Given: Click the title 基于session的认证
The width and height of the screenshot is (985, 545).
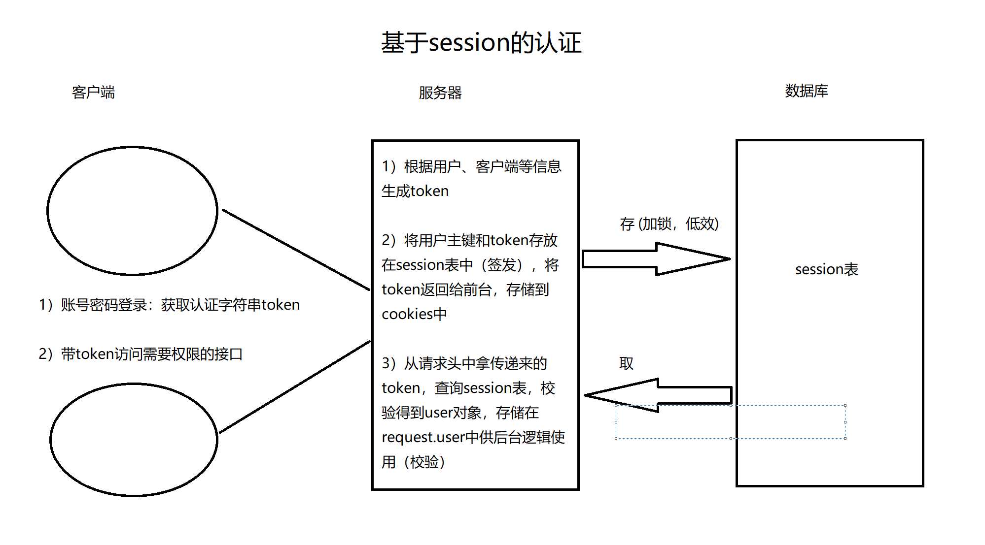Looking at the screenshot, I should pyautogui.click(x=481, y=43).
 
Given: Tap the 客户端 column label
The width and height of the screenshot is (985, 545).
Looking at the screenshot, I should pyautogui.click(x=93, y=93).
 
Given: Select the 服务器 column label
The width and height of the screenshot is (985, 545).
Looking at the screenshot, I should pyautogui.click(x=440, y=93).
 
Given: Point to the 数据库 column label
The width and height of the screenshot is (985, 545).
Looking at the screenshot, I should pyautogui.click(x=806, y=91).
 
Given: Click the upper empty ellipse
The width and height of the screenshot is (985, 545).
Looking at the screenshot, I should pyautogui.click(x=132, y=211).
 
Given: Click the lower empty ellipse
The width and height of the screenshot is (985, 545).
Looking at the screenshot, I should pyautogui.click(x=134, y=440).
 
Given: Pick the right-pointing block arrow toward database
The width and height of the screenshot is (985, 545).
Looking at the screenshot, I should pyautogui.click(x=656, y=259).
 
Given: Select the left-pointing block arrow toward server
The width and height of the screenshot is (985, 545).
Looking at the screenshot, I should pyautogui.click(x=658, y=395).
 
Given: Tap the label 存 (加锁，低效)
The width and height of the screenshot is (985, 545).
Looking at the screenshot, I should pyautogui.click(x=669, y=224).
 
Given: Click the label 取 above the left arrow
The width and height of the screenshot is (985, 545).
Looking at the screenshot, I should pyautogui.click(x=626, y=364).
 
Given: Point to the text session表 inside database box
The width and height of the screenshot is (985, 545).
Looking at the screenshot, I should pyautogui.click(x=826, y=269).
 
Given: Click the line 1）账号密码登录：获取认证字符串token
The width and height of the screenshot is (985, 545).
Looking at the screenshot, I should pyautogui.click(x=169, y=305).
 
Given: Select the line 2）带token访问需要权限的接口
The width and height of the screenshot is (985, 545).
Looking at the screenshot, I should pyautogui.click(x=141, y=354).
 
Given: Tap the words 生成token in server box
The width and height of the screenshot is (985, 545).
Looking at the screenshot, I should pyautogui.click(x=415, y=191).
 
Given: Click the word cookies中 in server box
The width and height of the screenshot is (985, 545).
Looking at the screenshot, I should pyautogui.click(x=414, y=314).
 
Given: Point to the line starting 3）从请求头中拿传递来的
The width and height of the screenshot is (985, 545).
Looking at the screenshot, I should pyautogui.click(x=464, y=364).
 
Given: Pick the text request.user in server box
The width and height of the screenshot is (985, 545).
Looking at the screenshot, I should pyautogui.click(x=422, y=438).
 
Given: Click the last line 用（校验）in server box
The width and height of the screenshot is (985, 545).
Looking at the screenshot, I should pyautogui.click(x=413, y=462).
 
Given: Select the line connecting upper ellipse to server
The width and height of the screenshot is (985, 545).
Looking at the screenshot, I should pyautogui.click(x=296, y=250).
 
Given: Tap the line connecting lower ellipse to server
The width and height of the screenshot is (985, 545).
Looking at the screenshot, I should pyautogui.click(x=295, y=387).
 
